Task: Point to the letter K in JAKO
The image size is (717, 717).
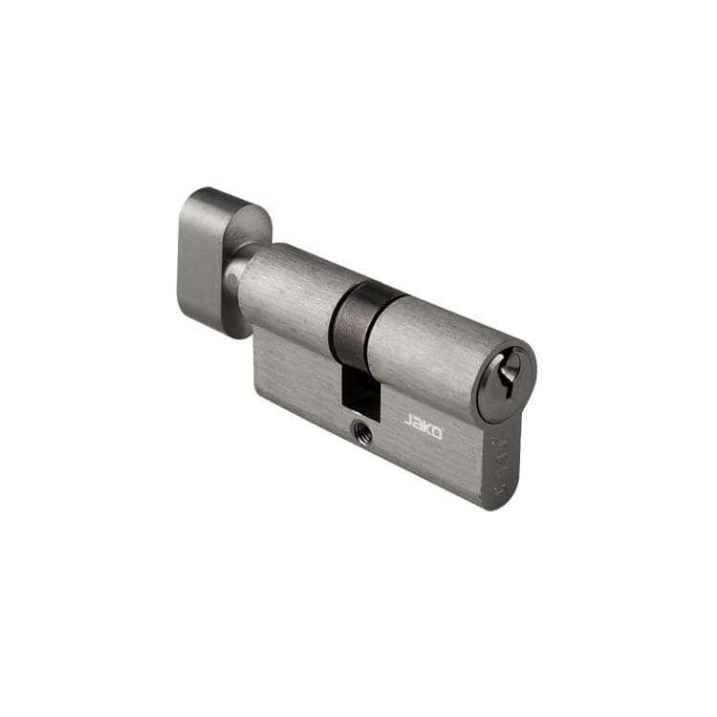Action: tap(428, 429)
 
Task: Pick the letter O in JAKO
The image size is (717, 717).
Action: tap(438, 433)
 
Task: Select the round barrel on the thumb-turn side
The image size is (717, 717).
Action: tap(287, 292)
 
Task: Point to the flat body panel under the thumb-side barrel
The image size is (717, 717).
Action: tap(292, 373)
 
